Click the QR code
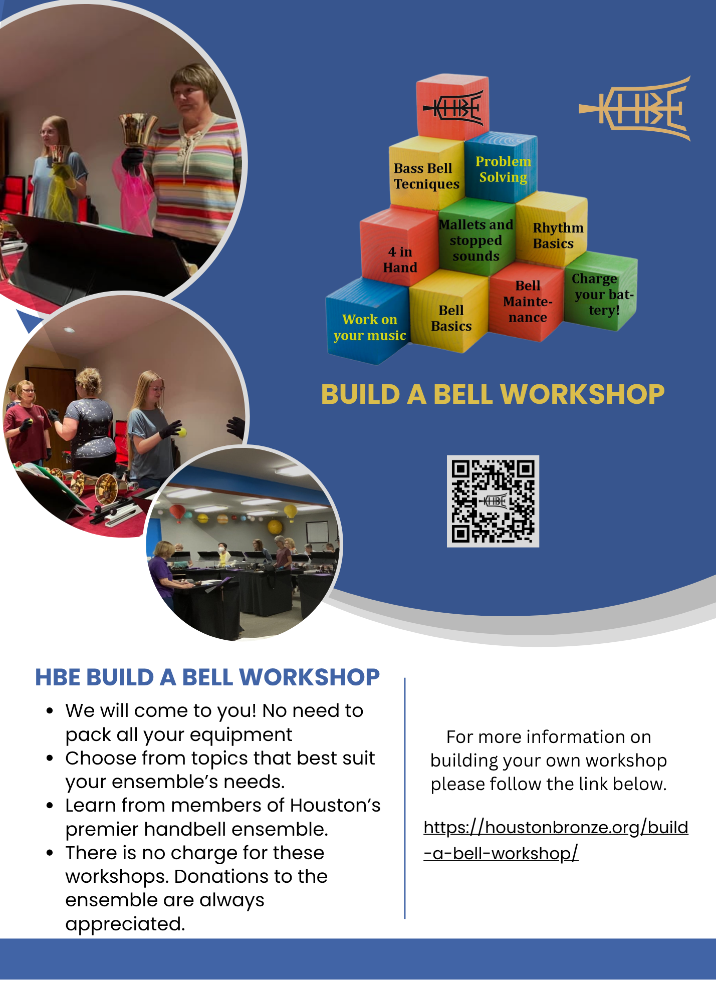493,501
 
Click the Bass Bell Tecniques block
426,173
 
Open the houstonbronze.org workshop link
556,840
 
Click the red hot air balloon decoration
177,513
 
